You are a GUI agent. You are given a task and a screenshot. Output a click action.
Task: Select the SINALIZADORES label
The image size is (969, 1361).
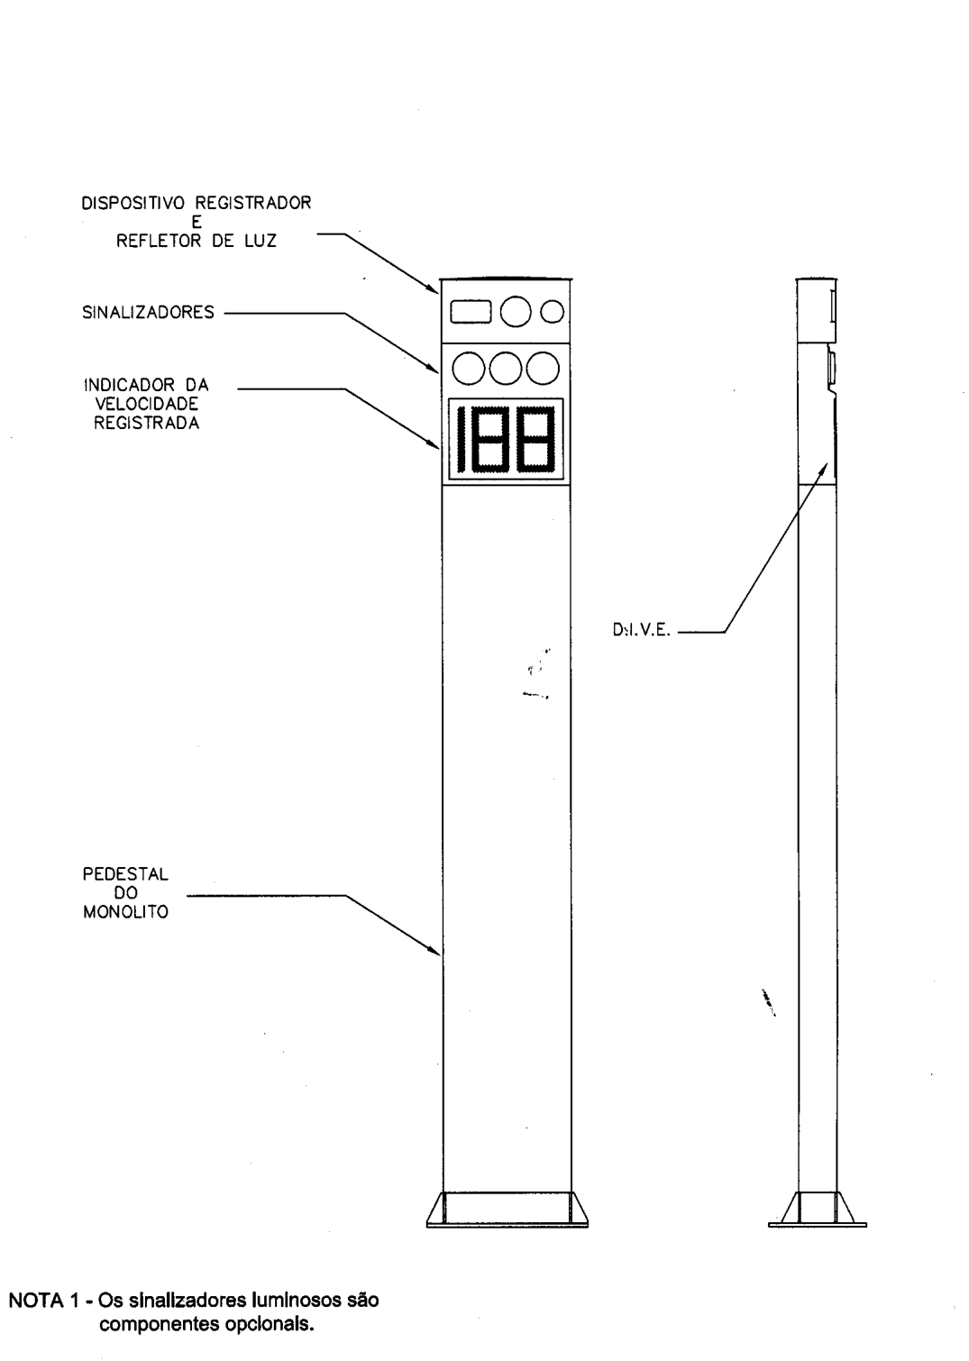[148, 312]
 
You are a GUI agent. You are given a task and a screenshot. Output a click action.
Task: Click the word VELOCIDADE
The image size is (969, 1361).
[146, 404]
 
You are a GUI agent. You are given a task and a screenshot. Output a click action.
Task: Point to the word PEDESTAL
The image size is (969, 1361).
[125, 874]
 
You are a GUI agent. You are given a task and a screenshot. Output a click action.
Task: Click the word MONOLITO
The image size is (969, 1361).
[125, 912]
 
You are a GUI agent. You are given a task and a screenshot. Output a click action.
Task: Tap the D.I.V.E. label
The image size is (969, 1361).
[642, 631]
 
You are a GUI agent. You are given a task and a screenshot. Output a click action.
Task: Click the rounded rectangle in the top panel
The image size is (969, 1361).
[471, 312]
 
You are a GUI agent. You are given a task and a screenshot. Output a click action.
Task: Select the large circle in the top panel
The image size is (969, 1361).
[516, 312]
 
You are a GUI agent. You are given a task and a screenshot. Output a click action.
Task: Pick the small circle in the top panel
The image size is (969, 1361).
[553, 312]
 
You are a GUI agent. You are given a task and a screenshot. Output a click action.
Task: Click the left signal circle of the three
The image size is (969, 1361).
[469, 369]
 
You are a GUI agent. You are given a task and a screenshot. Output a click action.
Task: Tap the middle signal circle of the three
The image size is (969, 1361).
[506, 369]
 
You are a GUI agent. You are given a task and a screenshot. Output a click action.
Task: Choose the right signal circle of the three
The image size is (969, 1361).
[543, 369]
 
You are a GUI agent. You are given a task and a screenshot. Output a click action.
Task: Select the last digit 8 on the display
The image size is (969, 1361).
[535, 440]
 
